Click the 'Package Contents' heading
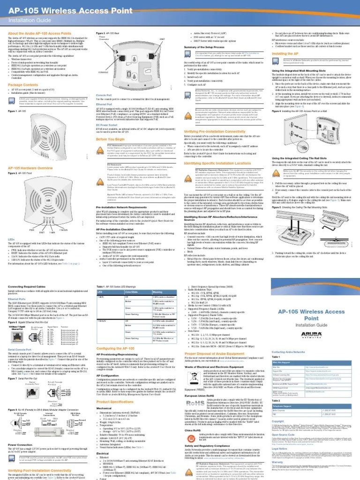point(24,85)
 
